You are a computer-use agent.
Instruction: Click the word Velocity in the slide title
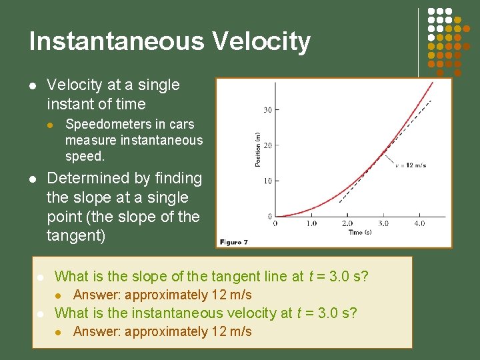(x=261, y=41)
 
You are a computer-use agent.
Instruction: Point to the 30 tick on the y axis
(x=267, y=110)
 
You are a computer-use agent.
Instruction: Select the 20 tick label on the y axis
(x=267, y=145)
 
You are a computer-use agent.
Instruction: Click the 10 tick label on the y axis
(x=267, y=181)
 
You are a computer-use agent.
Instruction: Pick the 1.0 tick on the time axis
(x=311, y=224)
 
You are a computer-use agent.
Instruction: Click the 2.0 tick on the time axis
(x=347, y=224)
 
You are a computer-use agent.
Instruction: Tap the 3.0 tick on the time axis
(x=383, y=224)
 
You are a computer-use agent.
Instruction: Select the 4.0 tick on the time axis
(x=419, y=224)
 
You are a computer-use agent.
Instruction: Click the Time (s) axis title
(x=359, y=232)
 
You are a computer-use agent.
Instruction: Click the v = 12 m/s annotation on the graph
(x=411, y=165)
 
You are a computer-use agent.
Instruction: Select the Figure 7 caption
(x=234, y=242)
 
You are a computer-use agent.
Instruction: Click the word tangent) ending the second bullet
(x=76, y=236)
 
